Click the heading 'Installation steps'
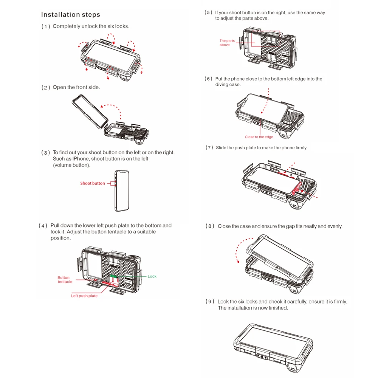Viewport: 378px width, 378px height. pyautogui.click(x=70, y=15)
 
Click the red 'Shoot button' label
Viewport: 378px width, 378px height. pyautogui.click(x=92, y=183)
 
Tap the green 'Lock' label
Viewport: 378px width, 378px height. pyautogui.click(x=152, y=276)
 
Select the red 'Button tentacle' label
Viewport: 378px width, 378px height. pyautogui.click(x=65, y=280)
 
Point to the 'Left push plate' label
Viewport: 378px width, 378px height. pyautogui.click(x=84, y=296)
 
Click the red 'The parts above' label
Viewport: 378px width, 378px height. pyautogui.click(x=227, y=43)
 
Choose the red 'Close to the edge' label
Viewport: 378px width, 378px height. pyautogui.click(x=259, y=137)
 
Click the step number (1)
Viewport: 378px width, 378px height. pyautogui.click(x=46, y=26)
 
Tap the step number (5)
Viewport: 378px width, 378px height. pyautogui.click(x=208, y=12)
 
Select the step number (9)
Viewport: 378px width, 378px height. pyautogui.click(x=210, y=302)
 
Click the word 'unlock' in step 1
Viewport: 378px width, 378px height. pyautogui.click(x=89, y=26)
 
